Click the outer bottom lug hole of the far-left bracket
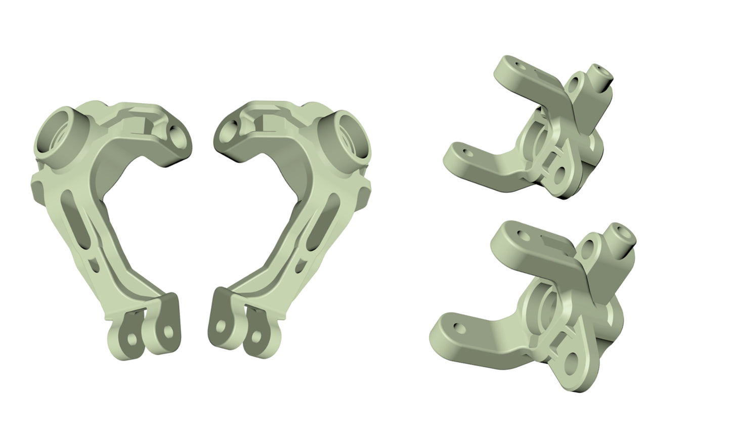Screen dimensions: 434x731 pyautogui.click(x=132, y=337)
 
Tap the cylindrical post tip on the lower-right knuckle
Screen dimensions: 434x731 pyautogui.click(x=622, y=233)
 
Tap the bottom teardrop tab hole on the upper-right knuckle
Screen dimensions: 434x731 pyautogui.click(x=560, y=175)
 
